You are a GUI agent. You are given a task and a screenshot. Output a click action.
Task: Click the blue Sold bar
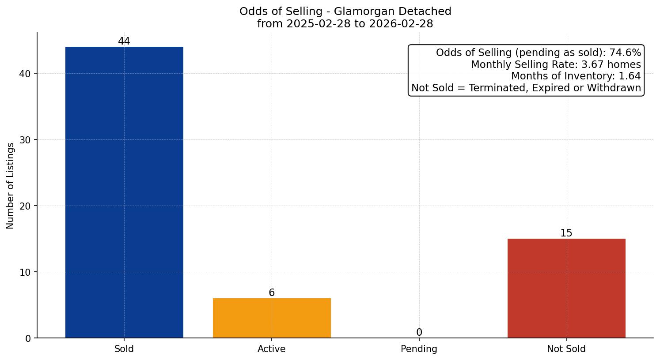pyautogui.click(x=124, y=192)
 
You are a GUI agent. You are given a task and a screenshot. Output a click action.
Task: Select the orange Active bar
pyautogui.click(x=272, y=318)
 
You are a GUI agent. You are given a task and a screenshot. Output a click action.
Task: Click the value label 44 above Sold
pyautogui.click(x=124, y=41)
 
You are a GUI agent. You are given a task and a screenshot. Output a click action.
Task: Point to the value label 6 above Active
pyautogui.click(x=272, y=293)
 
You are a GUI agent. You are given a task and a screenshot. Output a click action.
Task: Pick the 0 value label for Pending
pyautogui.click(x=419, y=333)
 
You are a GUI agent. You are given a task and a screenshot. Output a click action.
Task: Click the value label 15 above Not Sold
pyautogui.click(x=566, y=233)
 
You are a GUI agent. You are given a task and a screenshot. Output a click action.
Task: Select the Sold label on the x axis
pyautogui.click(x=124, y=349)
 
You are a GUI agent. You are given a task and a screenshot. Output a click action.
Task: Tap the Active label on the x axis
pyautogui.click(x=272, y=349)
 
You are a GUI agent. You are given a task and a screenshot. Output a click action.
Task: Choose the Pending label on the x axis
pyautogui.click(x=419, y=349)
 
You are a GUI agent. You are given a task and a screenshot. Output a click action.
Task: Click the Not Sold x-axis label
pyautogui.click(x=566, y=349)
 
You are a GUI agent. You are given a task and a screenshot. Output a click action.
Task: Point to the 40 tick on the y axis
pyautogui.click(x=25, y=74)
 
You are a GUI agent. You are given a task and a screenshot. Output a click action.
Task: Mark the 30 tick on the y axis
pyautogui.click(x=25, y=140)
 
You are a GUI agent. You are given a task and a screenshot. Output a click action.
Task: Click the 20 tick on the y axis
pyautogui.click(x=25, y=206)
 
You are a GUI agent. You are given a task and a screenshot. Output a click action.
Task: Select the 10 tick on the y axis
pyautogui.click(x=25, y=272)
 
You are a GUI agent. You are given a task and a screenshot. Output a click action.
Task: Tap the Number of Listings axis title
pyautogui.click(x=11, y=186)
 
